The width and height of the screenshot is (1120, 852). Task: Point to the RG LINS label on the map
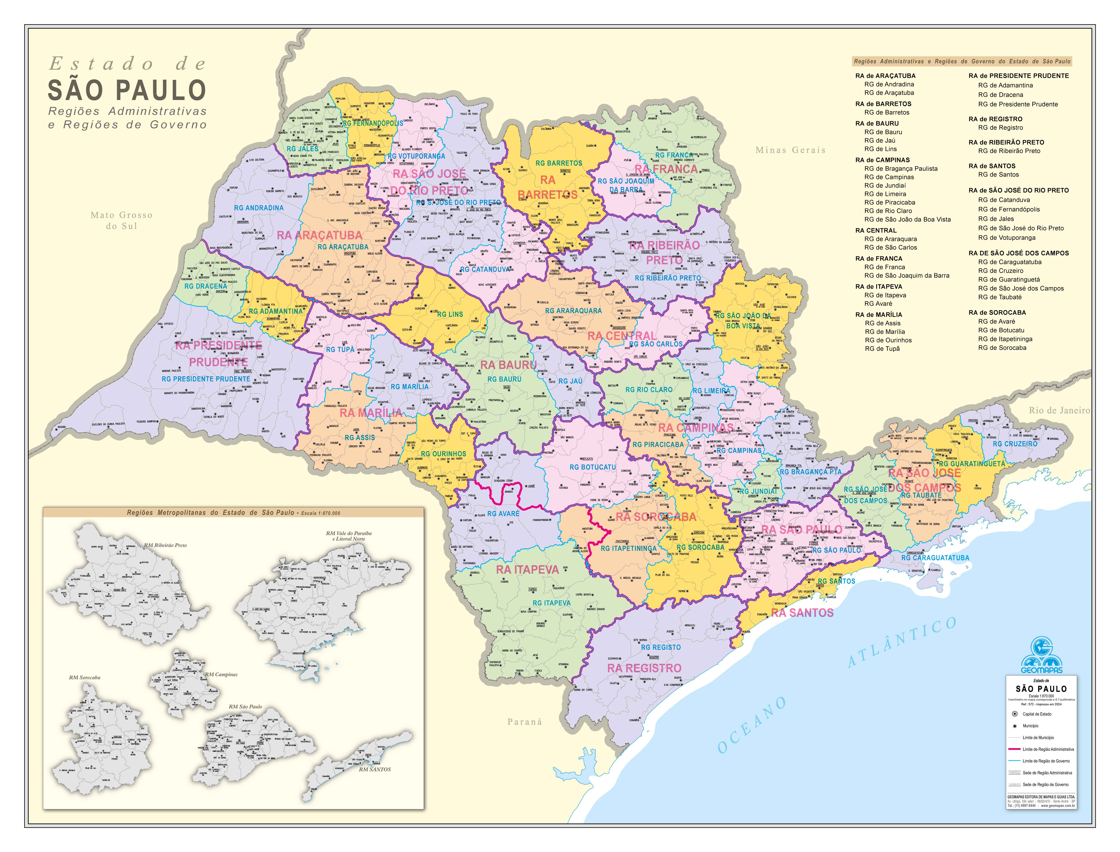[450, 314]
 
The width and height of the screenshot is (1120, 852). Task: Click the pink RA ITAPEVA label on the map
[527, 569]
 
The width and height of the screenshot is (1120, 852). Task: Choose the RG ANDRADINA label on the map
[259, 208]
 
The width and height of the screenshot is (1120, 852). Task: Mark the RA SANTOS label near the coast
[802, 613]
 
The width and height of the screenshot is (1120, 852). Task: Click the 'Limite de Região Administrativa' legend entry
[1048, 749]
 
